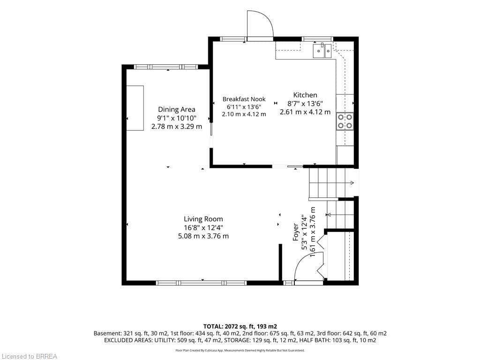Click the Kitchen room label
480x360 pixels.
(x=305, y=95)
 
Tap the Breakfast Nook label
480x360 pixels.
(x=244, y=99)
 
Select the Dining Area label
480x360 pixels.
(x=177, y=109)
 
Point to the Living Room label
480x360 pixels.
(x=203, y=219)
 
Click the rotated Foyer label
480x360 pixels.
(x=296, y=232)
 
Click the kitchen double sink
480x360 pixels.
(x=322, y=51)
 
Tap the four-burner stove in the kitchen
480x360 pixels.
(x=345, y=121)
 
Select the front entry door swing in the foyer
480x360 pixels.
(x=306, y=260)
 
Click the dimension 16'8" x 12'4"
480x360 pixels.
(x=203, y=227)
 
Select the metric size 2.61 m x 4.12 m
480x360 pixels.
(x=305, y=112)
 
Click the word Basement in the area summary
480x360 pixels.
(x=107, y=333)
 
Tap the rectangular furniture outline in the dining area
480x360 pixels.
(x=135, y=108)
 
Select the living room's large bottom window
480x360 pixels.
(x=201, y=283)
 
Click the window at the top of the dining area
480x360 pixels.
(x=166, y=67)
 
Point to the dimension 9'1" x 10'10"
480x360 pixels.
(x=177, y=118)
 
